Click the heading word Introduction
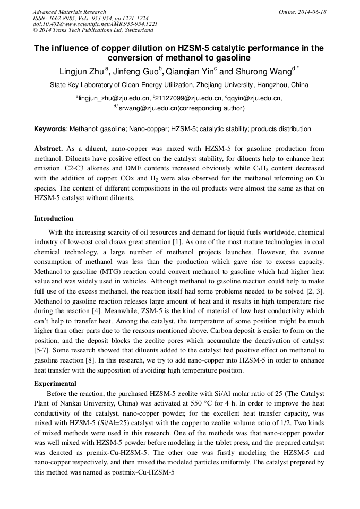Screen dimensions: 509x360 click(54, 218)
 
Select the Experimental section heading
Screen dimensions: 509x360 click(55, 384)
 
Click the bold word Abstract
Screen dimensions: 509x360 click(48, 149)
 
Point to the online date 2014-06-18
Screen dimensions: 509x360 click(312, 12)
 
